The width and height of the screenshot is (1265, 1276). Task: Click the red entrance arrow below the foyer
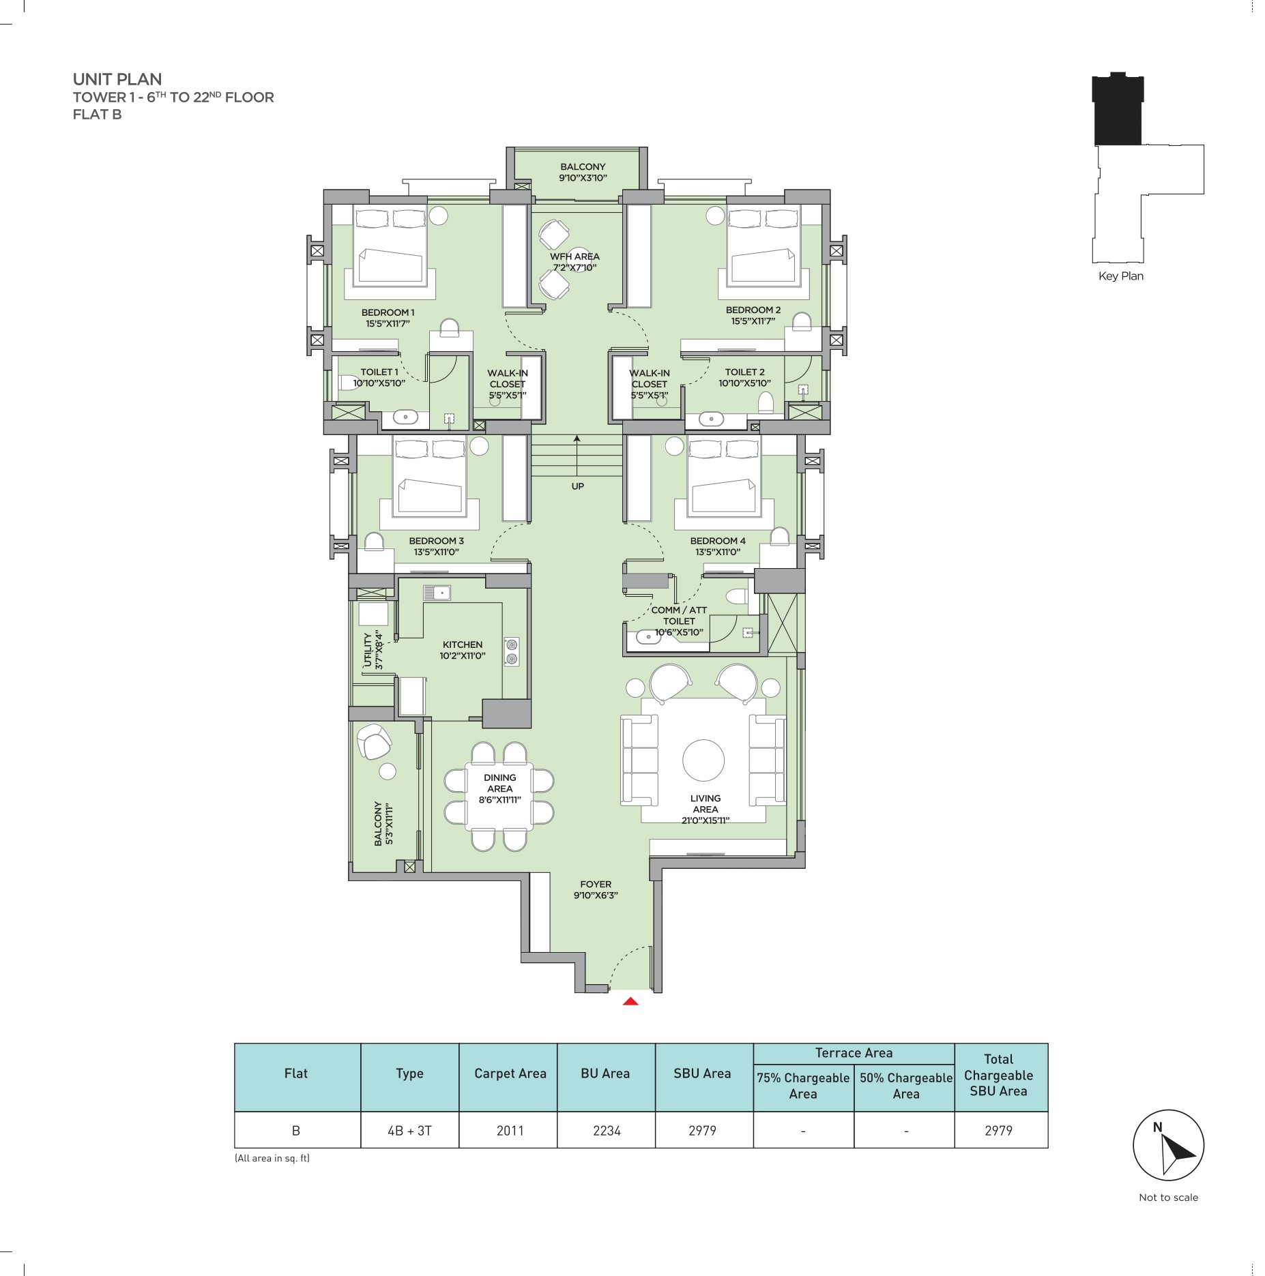click(x=631, y=1001)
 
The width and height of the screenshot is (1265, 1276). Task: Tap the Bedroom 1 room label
click(x=388, y=318)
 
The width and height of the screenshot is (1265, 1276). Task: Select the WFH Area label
click(x=575, y=262)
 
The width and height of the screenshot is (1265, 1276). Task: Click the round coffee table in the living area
click(x=703, y=760)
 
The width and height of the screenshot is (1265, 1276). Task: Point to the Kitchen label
click(x=463, y=650)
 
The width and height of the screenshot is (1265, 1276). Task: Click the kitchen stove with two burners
click(x=511, y=651)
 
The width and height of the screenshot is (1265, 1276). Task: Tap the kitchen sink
click(x=437, y=593)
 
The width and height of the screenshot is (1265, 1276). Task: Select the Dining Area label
click(x=500, y=788)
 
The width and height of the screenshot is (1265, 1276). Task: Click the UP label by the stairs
click(x=578, y=486)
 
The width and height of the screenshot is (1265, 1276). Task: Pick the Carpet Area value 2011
click(x=510, y=1131)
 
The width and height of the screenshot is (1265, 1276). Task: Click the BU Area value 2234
click(x=607, y=1131)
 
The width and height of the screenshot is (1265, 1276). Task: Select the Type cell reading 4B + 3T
click(x=409, y=1131)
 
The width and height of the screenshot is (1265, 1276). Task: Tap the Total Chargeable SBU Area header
click(x=998, y=1075)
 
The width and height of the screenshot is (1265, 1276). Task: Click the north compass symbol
click(x=1168, y=1146)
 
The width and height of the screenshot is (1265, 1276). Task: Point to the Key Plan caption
click(x=1121, y=276)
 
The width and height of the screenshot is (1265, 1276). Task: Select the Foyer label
click(x=596, y=889)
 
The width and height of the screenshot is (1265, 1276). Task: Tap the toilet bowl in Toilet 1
click(x=347, y=383)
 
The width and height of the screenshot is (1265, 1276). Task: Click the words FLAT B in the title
click(x=98, y=115)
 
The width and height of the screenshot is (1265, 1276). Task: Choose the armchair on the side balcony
click(x=374, y=741)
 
